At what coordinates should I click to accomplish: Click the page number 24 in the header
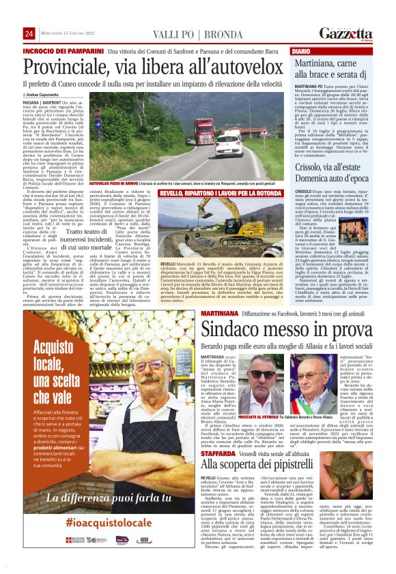[x=29, y=34]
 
